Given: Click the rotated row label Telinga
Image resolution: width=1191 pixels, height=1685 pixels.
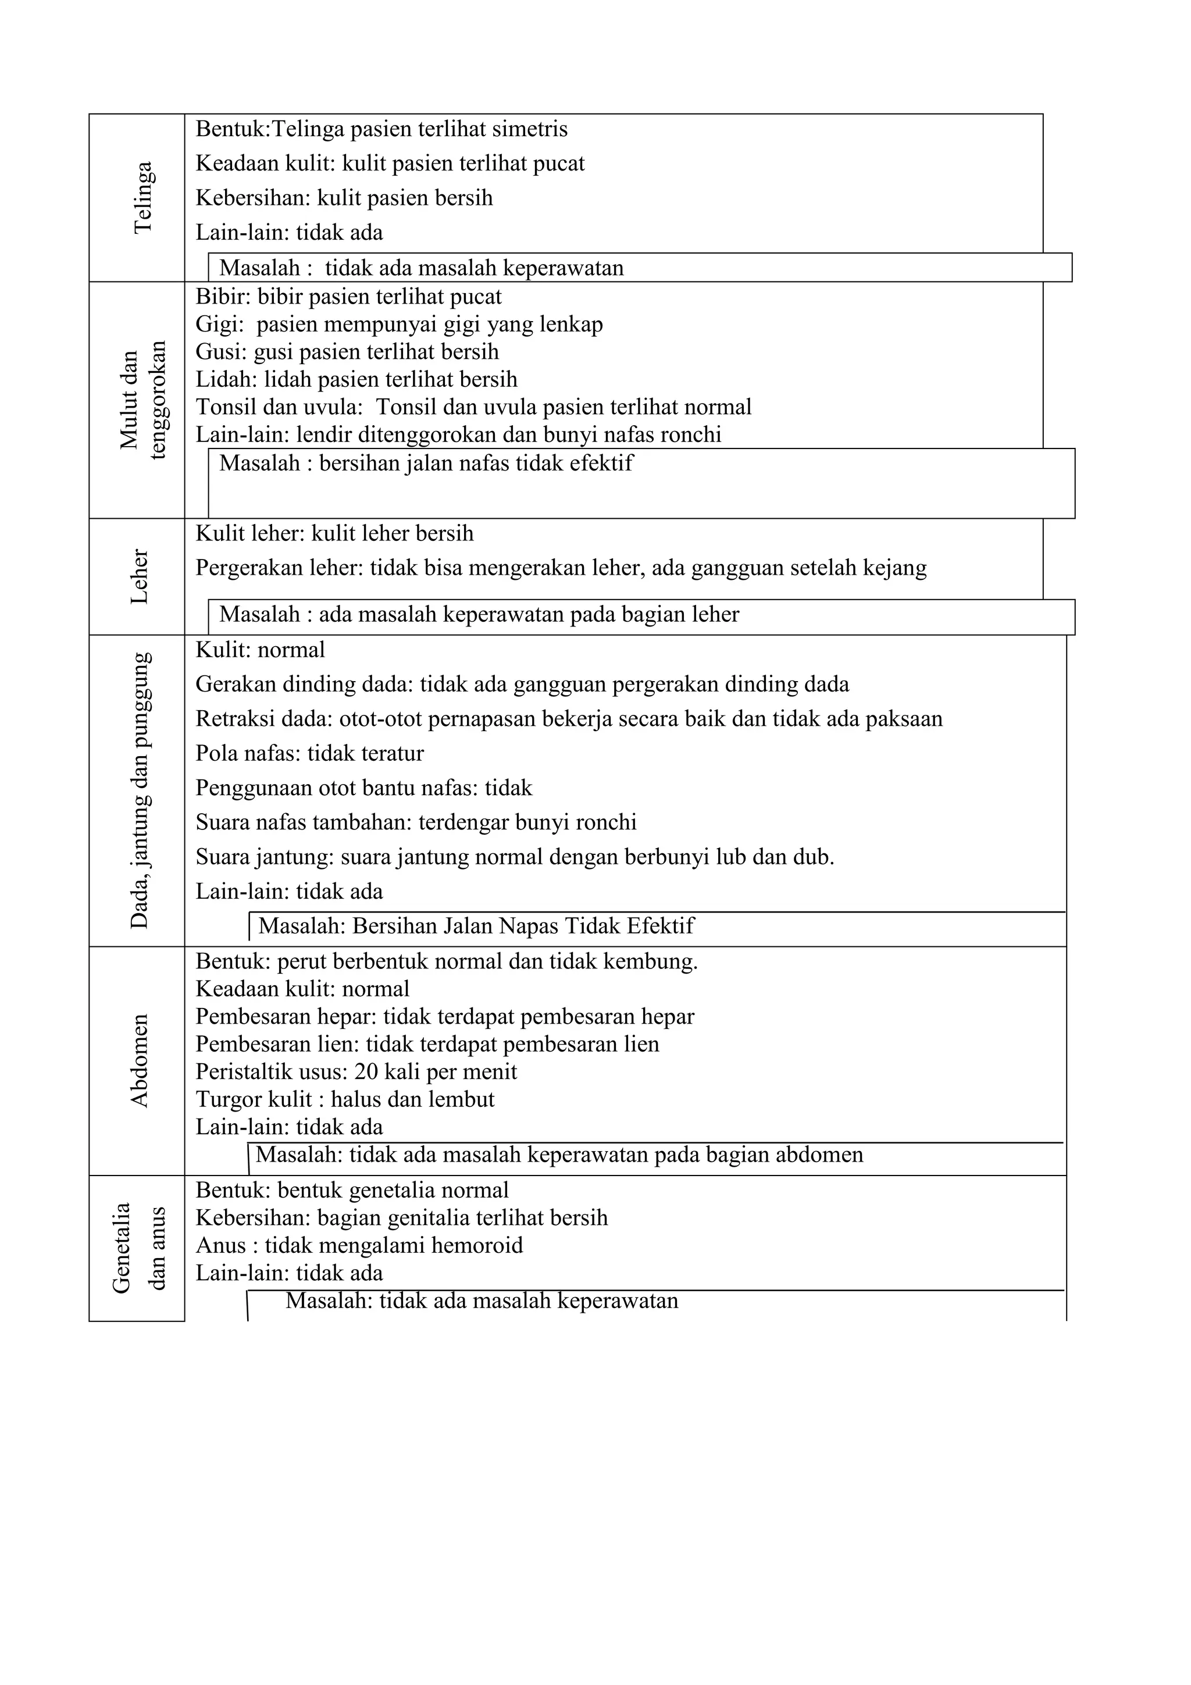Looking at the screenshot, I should click(143, 197).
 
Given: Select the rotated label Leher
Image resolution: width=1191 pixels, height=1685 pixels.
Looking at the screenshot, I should click(140, 577).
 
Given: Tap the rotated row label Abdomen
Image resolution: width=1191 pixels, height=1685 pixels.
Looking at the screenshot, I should click(140, 1060).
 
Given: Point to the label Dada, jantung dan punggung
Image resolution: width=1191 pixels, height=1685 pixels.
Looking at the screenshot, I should click(140, 790).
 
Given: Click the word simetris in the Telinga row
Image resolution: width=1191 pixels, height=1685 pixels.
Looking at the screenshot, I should click(530, 129).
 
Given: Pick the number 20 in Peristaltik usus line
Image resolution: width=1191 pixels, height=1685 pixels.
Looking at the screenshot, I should click(366, 1072).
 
